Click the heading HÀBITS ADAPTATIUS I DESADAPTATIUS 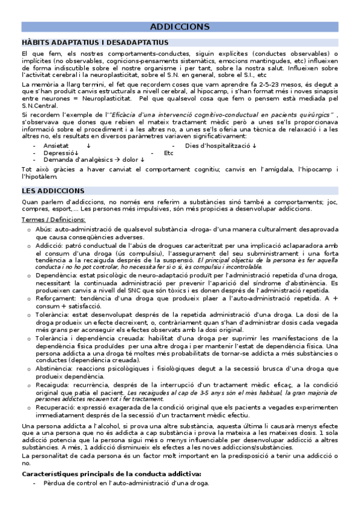pos(94,43)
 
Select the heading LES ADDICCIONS pos(48,191)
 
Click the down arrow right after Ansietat pos(88,146)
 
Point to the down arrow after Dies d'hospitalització pos(254,146)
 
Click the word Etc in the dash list pos(169,153)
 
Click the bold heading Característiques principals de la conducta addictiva pos(111,475)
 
